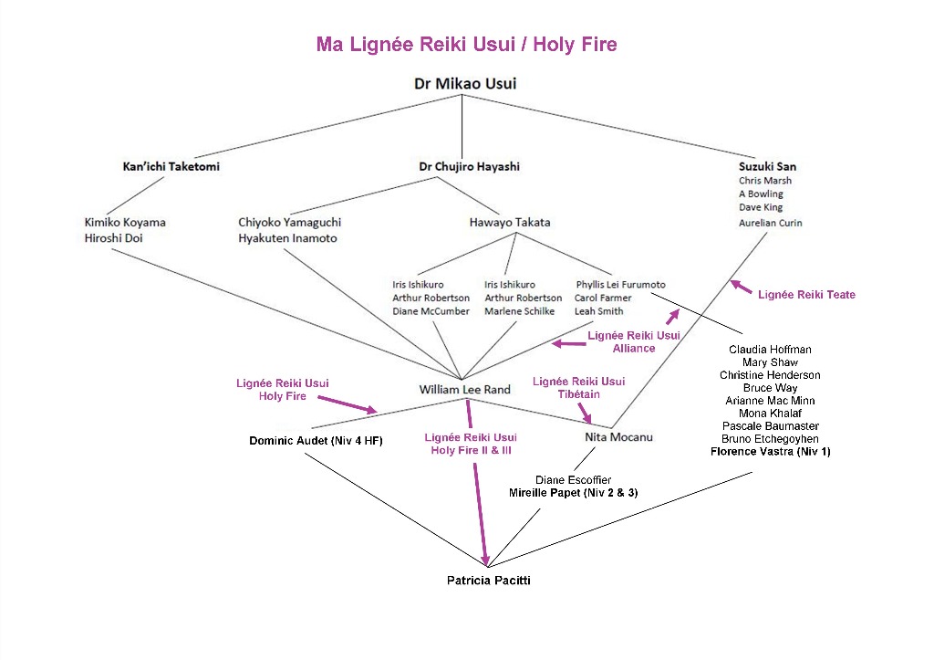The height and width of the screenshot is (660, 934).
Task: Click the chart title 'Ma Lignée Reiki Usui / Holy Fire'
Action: (x=466, y=44)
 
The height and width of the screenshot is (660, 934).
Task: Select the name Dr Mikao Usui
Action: (x=464, y=84)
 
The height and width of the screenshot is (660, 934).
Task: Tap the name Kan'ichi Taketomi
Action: (x=171, y=167)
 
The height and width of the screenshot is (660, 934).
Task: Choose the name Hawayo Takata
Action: (x=509, y=222)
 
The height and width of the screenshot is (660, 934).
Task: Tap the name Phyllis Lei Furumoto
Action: (x=620, y=285)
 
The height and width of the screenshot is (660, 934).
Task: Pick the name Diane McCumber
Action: (x=431, y=311)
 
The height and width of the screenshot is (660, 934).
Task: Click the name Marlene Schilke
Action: (x=519, y=311)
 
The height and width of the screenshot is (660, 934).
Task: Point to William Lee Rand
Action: (x=464, y=390)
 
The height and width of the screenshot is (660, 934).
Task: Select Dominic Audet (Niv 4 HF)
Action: (x=316, y=441)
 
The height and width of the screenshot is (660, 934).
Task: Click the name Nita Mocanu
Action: (x=618, y=437)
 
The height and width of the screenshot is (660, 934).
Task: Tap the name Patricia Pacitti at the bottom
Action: (x=488, y=581)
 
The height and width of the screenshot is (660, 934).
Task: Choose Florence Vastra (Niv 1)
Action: (x=771, y=452)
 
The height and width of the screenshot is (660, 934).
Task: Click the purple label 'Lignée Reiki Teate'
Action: (x=806, y=294)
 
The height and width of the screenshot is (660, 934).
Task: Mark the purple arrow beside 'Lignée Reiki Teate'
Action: (x=742, y=288)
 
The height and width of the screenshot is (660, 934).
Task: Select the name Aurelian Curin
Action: (x=771, y=223)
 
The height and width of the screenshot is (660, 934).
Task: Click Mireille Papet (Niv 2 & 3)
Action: (x=573, y=493)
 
